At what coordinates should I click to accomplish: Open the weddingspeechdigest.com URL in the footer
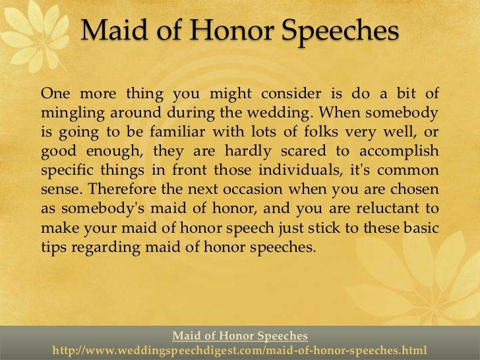(240, 349)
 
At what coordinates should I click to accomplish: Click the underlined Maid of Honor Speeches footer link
(240, 336)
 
